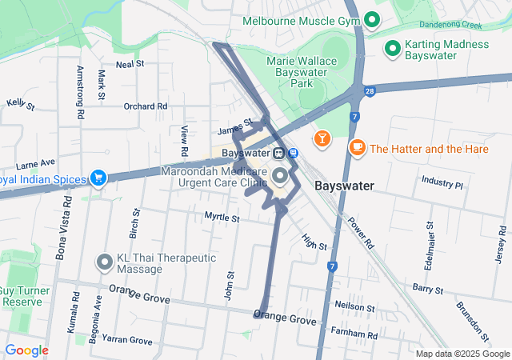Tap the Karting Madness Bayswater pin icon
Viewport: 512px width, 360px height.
[x=392, y=50]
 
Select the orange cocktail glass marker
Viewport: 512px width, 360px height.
[x=322, y=139]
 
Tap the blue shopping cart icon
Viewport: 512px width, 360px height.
[x=98, y=177]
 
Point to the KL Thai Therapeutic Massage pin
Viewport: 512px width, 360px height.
[x=105, y=262]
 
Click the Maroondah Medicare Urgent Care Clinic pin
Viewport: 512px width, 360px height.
[x=280, y=176]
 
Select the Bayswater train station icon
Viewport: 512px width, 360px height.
[x=278, y=153]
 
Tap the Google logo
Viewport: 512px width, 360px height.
[x=26, y=350]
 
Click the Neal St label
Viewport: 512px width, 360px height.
[x=130, y=63]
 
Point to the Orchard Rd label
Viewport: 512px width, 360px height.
[x=145, y=106]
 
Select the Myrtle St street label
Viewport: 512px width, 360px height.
[x=222, y=217]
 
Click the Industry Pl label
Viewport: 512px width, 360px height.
[x=442, y=183]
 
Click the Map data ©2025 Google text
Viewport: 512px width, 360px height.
[x=462, y=354]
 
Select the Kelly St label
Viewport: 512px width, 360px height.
[x=20, y=104]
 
